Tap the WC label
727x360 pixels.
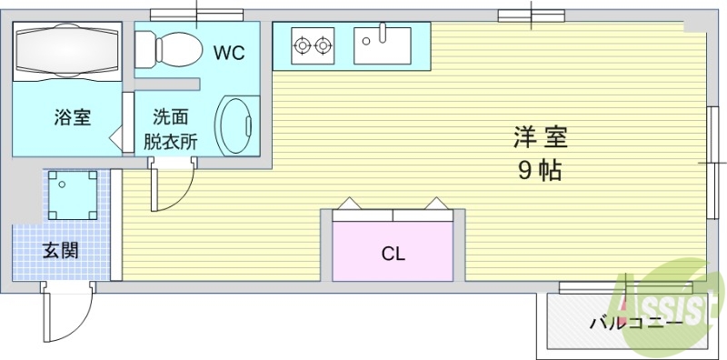[229, 53]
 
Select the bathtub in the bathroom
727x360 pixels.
[67, 49]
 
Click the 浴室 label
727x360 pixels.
[72, 117]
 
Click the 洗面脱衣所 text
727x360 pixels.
[170, 128]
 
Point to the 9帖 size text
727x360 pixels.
[540, 170]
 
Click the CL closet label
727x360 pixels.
[393, 254]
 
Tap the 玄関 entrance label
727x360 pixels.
[60, 250]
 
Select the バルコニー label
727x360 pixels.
[635, 322]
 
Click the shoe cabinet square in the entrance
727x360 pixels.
[73, 195]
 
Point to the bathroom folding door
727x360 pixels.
[115, 139]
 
